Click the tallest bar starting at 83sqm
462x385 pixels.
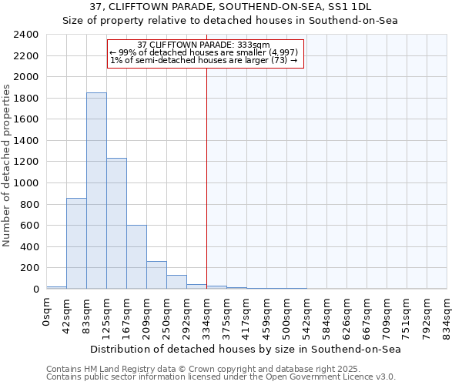(x=96, y=191)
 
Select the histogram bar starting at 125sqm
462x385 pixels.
(x=116, y=223)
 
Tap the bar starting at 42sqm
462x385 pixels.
(x=76, y=243)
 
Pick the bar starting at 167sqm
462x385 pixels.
(x=136, y=257)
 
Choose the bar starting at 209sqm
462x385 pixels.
(x=156, y=275)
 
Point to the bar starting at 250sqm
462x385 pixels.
(x=176, y=282)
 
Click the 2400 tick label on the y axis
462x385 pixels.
(x=26, y=35)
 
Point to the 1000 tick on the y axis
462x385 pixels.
(x=26, y=183)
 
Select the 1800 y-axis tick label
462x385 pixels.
(x=26, y=99)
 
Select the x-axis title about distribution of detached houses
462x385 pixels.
(x=246, y=349)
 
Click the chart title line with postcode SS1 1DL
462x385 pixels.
(x=230, y=7)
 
